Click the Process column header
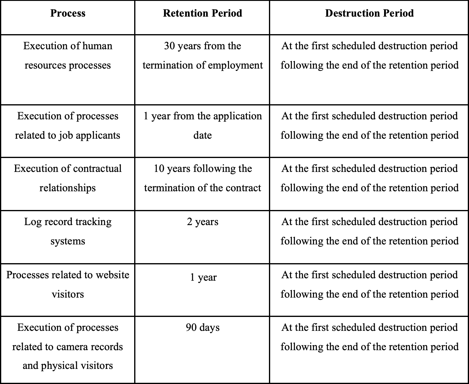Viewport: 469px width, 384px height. click(x=68, y=13)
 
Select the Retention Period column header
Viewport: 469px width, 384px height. click(x=202, y=13)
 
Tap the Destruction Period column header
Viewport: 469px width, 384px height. click(x=369, y=13)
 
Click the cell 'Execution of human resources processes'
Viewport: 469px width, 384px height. click(x=68, y=56)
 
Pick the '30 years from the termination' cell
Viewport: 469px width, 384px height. click(x=202, y=56)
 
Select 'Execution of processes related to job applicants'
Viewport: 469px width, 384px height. click(x=68, y=126)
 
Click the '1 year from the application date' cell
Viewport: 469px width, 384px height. click(x=202, y=126)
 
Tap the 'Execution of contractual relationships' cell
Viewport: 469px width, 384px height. click(x=68, y=178)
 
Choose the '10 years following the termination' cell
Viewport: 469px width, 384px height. click(x=202, y=178)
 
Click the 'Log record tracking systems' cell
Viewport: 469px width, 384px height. click(x=68, y=231)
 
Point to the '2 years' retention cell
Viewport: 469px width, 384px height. click(x=202, y=222)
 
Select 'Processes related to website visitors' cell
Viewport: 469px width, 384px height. click(x=68, y=285)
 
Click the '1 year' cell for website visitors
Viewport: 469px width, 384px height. click(x=203, y=277)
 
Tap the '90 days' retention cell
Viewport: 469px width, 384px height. click(x=202, y=328)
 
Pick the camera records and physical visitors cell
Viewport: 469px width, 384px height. click(x=68, y=347)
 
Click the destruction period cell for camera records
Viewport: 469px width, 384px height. click(x=369, y=337)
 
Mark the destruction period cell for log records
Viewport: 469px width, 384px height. click(x=369, y=231)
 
